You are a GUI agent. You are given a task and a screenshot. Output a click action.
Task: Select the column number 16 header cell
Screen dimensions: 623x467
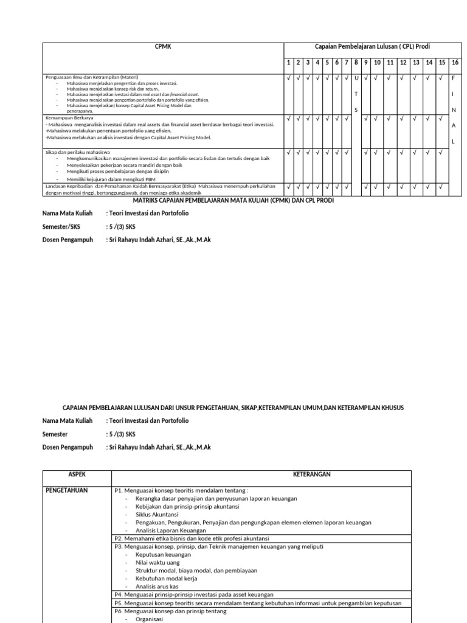[x=454, y=63]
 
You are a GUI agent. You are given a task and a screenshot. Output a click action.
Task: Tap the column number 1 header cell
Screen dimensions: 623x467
[x=289, y=63]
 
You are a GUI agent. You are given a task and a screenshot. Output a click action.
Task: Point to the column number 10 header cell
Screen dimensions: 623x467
[x=377, y=63]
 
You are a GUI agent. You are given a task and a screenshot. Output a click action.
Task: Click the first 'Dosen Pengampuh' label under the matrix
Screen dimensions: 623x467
[x=67, y=240]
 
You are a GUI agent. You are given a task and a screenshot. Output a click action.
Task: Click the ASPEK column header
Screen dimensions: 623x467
[x=77, y=475]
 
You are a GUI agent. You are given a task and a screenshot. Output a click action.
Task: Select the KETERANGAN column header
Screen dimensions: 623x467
[x=311, y=475]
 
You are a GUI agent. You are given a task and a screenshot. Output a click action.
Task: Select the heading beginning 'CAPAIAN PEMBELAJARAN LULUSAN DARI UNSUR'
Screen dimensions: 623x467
[x=233, y=407]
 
